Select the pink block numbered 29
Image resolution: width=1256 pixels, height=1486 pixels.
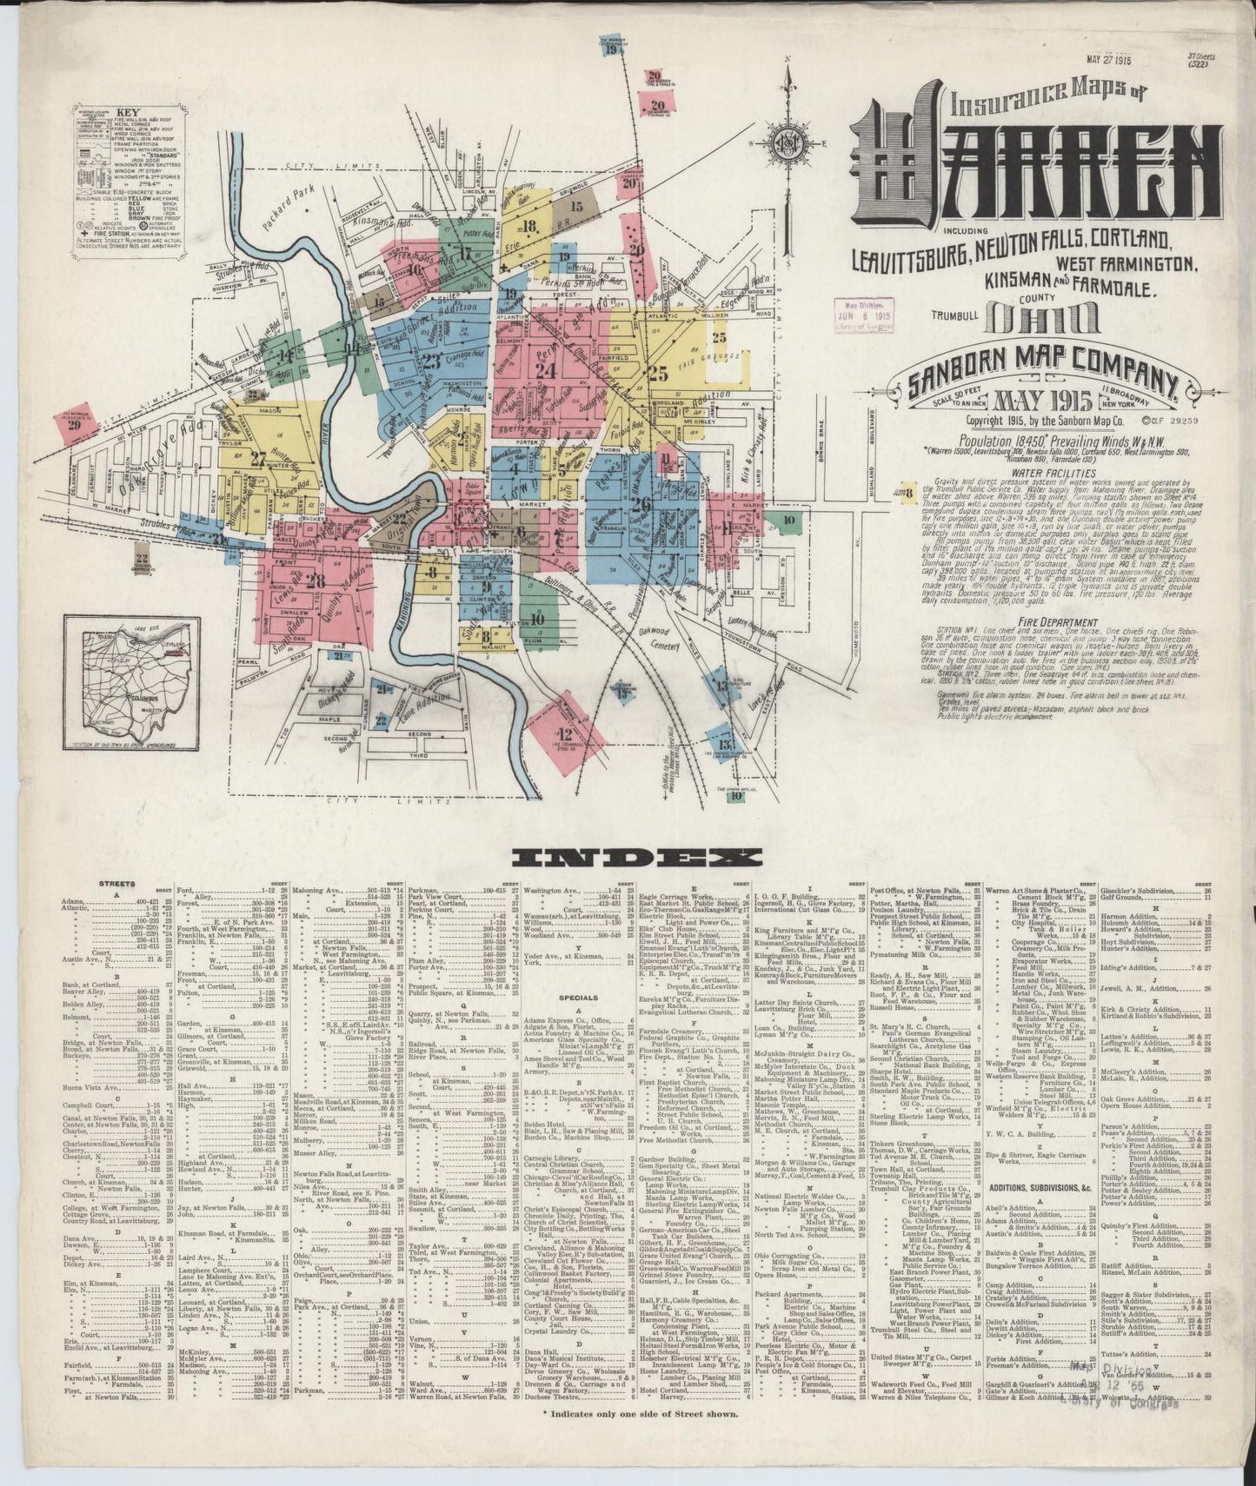point(76,424)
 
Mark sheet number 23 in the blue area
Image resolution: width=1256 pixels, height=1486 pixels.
point(432,362)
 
